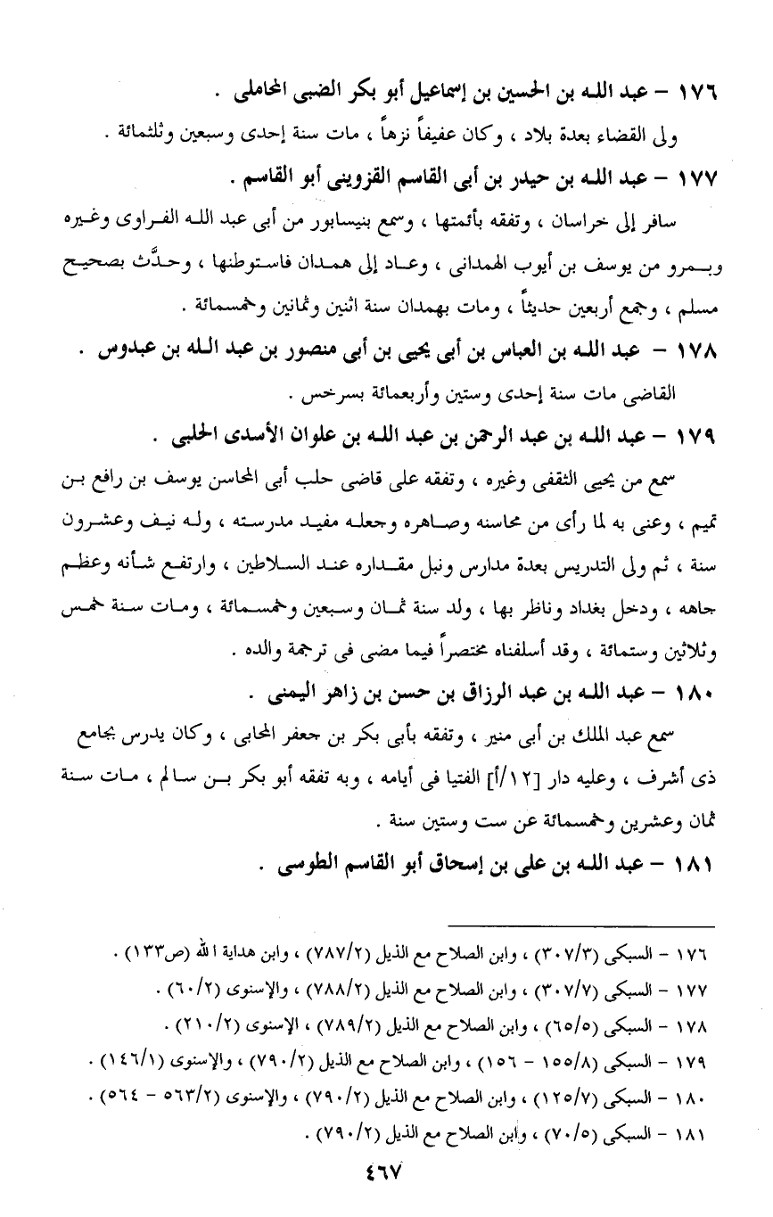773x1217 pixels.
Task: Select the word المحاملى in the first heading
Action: click(262, 93)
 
